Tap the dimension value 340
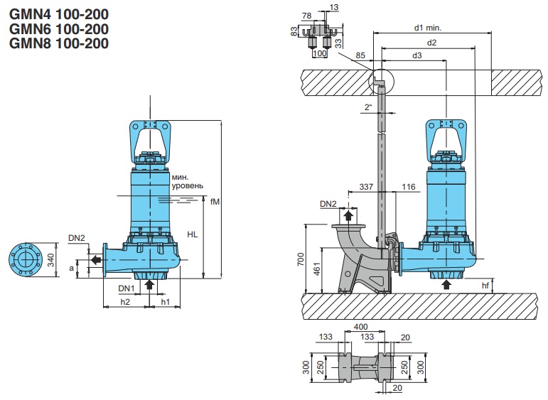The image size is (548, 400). point(51,260)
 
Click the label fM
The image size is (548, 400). point(215,201)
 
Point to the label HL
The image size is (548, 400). point(193,232)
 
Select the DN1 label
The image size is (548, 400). point(127,288)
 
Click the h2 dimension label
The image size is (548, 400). point(125,301)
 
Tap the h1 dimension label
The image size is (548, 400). point(165,301)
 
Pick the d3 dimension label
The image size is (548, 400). point(417,55)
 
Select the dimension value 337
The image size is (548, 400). point(365,186)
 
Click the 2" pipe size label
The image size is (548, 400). point(367,107)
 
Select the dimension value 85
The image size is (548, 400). point(360,55)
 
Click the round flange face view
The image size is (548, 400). point(28,260)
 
